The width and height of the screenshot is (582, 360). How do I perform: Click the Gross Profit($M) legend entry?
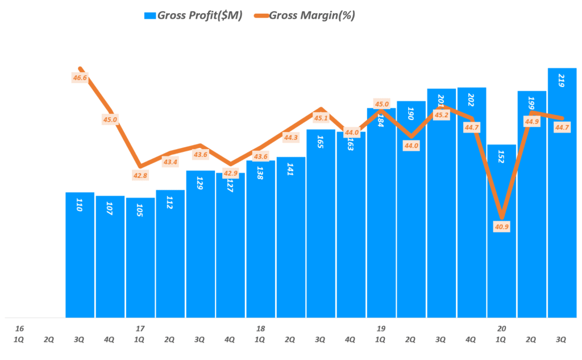point(194,15)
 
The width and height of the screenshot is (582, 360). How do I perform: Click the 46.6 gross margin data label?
point(81,77)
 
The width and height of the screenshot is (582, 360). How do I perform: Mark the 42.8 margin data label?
point(140,176)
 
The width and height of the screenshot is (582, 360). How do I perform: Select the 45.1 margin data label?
point(321,118)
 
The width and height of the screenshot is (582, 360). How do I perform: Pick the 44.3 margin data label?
point(290,137)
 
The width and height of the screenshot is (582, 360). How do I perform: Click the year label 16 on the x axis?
point(19,328)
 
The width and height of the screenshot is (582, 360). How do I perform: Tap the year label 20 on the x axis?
point(501,328)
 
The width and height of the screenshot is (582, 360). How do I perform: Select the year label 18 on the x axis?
point(260,328)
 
